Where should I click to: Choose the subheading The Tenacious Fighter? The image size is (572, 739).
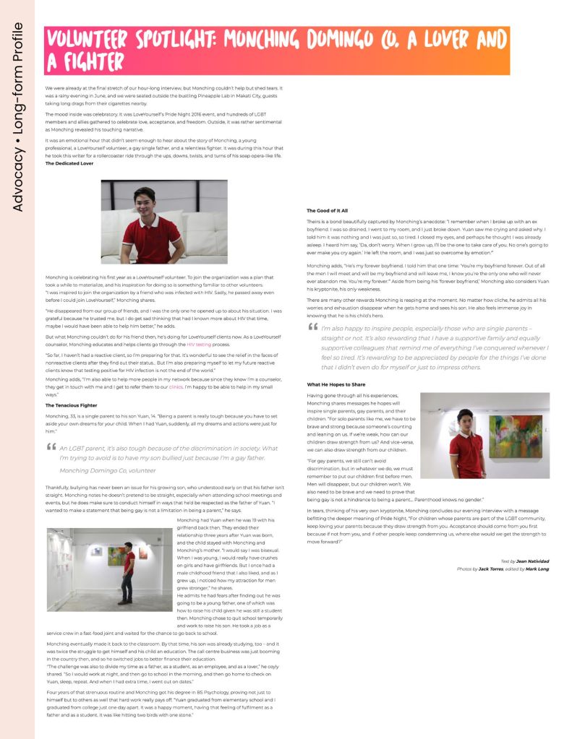71,405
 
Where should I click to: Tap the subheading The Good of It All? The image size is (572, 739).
327,210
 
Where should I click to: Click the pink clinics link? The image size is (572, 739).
176,386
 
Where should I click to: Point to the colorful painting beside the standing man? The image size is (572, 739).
514,435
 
